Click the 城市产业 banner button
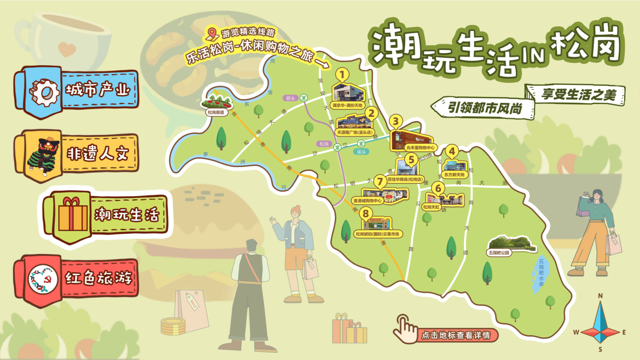click(77, 91)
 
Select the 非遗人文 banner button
click(77, 154)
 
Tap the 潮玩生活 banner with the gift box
click(105, 215)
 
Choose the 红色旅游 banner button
click(77, 279)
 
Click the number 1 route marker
click(342, 75)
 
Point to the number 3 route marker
click(396, 121)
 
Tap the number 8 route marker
click(366, 214)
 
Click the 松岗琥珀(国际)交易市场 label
click(377, 234)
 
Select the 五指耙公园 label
click(499, 253)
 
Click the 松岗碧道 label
click(216, 112)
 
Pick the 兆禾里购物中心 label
click(420, 147)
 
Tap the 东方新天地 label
click(454, 175)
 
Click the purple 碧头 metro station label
click(291, 98)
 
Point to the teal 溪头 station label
click(361, 152)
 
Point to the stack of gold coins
click(173, 326)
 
